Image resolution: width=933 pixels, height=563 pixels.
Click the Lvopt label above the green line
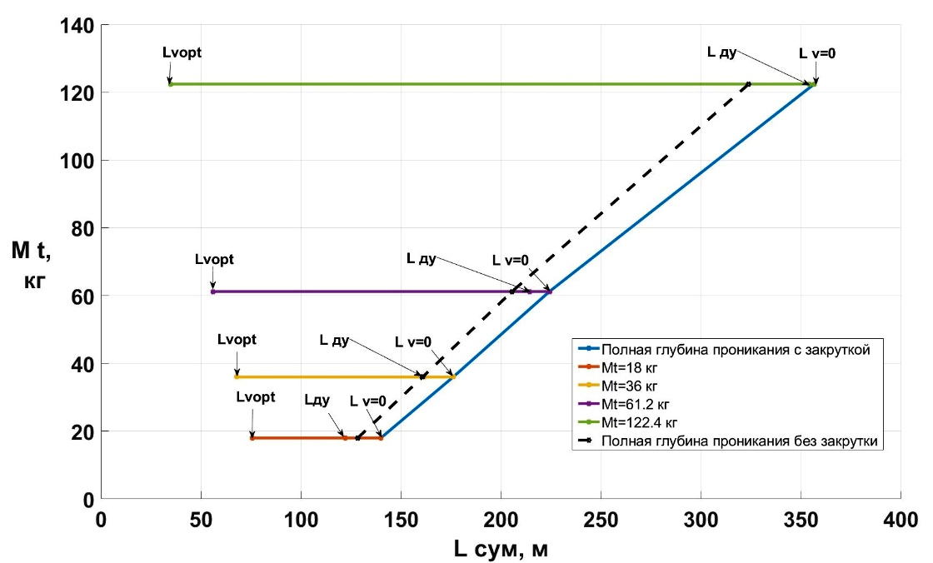[182, 52]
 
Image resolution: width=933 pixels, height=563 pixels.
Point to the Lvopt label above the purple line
[214, 260]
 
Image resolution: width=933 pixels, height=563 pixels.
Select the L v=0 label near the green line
[817, 53]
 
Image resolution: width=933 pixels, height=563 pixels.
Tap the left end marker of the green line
[170, 84]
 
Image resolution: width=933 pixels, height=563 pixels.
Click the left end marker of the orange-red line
[252, 438]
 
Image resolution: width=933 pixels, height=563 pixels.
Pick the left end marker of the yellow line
[237, 377]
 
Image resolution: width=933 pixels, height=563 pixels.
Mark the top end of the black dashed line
[749, 84]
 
